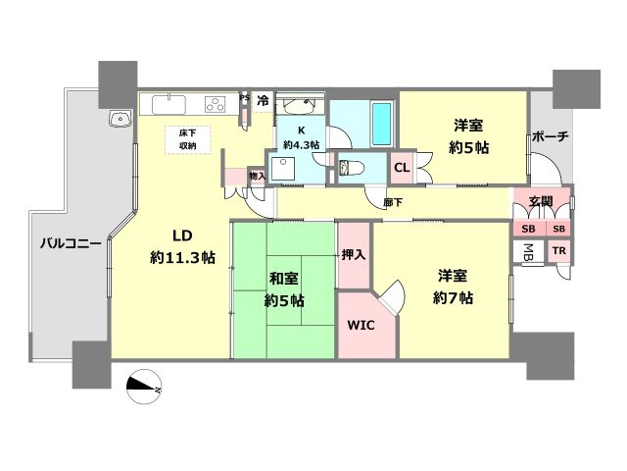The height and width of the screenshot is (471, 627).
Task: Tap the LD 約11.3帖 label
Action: coord(183,246)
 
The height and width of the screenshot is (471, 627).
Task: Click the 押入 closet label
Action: coord(353,255)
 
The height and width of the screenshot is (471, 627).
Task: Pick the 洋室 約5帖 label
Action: coord(470,136)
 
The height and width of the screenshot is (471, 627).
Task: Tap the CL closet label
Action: coord(402,168)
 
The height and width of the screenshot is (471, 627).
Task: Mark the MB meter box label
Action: coord(529,251)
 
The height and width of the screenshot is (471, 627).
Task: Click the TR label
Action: coord(558,251)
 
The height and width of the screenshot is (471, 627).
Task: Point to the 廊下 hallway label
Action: coord(393,203)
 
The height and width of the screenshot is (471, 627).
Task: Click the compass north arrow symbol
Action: coord(144,387)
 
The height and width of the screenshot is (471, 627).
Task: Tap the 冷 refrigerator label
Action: coord(263,100)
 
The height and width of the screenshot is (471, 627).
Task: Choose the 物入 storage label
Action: coord(258,177)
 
